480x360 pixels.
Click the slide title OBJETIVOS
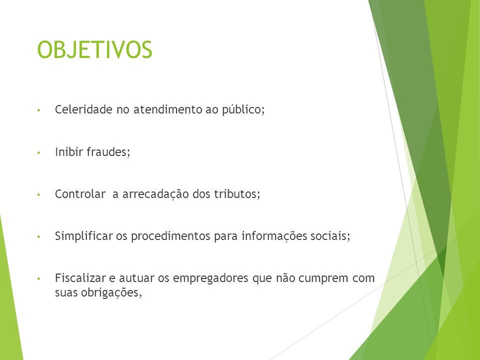pos(94,49)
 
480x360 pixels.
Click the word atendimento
pos(167,109)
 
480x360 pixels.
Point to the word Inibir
pos(69,151)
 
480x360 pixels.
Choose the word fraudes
pos(108,151)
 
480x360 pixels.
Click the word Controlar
pos(80,194)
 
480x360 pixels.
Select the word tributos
pos(237,194)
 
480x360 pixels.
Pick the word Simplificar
pos(84,236)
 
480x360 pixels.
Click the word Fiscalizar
pos(80,278)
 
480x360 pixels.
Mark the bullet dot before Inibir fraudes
pos(38,152)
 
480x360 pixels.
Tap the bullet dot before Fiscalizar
pos(38,279)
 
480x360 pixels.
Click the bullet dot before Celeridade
pos(38,110)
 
